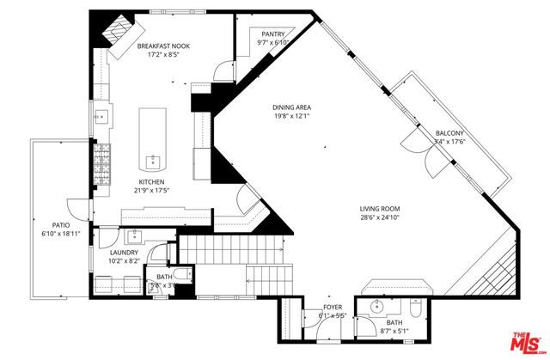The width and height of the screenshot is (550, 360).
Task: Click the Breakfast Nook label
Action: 163,46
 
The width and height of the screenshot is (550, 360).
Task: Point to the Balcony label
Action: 449,133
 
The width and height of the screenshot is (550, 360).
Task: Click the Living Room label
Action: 380,209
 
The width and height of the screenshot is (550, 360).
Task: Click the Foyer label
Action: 333,308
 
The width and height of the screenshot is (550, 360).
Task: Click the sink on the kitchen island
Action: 154,160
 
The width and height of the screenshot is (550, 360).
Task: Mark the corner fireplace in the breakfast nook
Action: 115,29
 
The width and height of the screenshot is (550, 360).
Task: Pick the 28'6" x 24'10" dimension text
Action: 380,219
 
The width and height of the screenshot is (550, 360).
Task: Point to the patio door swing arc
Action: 79,208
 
